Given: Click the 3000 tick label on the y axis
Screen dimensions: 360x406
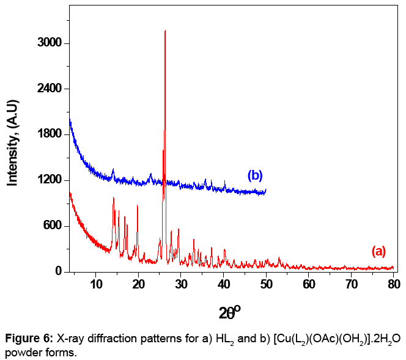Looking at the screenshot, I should click(49, 43).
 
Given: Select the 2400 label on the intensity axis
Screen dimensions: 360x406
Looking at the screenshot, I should click(49, 89).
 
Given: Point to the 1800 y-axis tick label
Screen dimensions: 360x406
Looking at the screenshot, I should click(49, 134).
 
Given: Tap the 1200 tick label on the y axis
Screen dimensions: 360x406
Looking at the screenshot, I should click(49, 180).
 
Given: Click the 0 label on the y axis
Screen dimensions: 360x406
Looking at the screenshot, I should click(58, 271).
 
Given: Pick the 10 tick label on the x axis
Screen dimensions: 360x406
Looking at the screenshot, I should click(96, 284).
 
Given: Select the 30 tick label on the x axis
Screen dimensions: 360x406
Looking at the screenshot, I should click(181, 284).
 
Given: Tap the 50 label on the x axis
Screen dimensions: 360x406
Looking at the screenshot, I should click(266, 284).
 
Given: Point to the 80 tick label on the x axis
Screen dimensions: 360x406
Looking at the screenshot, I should click(394, 284).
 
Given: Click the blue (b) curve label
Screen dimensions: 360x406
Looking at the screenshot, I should click(254, 175).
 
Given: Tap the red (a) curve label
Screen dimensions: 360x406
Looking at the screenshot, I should click(379, 251).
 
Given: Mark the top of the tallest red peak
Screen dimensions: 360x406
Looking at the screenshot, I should click(165, 31).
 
